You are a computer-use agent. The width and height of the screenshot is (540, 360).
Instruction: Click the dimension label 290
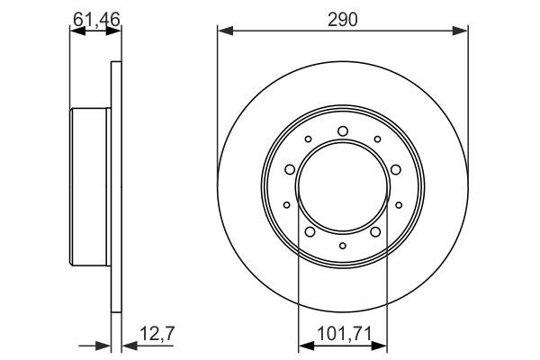[x=342, y=20]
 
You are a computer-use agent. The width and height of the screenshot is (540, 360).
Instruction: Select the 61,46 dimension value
[x=96, y=19]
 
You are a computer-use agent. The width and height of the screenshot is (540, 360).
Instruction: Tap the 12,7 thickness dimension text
[x=157, y=334]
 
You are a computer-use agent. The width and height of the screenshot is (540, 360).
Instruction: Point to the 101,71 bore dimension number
[x=344, y=334]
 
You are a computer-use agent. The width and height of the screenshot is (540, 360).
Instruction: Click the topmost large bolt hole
[x=343, y=130]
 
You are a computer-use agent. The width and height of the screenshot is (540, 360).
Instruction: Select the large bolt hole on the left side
[x=290, y=169]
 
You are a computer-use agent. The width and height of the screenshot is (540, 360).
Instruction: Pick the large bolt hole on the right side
[x=396, y=169]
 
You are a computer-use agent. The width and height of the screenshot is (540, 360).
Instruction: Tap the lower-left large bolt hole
[x=310, y=232]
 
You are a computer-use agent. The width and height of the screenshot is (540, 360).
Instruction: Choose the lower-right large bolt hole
[x=375, y=232]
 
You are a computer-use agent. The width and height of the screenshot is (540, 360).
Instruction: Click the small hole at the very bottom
[x=343, y=246]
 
